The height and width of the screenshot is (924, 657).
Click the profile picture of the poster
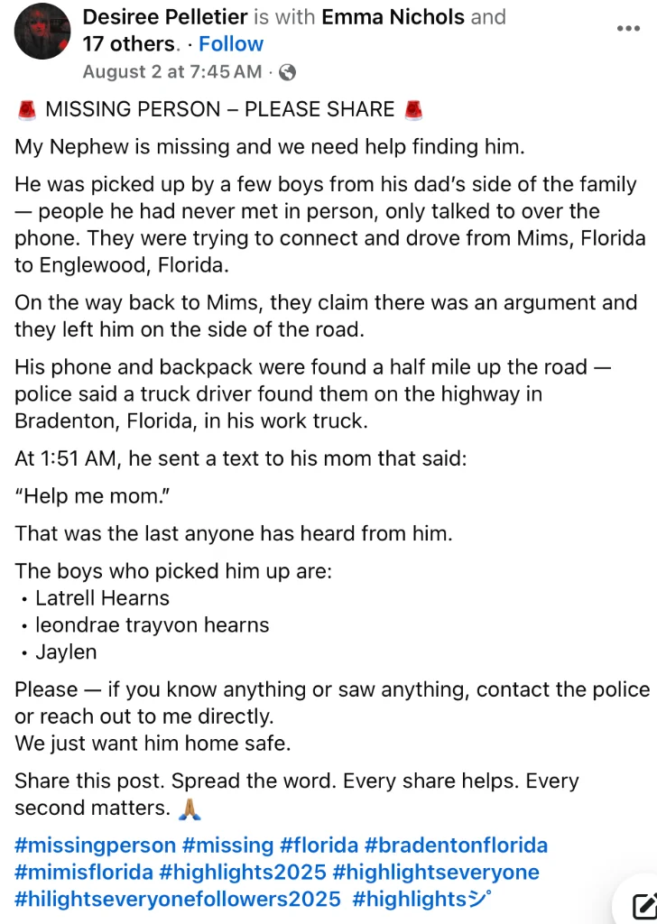pyautogui.click(x=42, y=32)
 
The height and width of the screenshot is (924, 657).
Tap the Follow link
pyautogui.click(x=231, y=44)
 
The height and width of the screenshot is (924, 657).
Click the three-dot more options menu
pyautogui.click(x=627, y=29)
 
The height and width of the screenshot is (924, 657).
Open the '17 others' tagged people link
pyautogui.click(x=128, y=44)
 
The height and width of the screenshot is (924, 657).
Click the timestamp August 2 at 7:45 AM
pyautogui.click(x=172, y=72)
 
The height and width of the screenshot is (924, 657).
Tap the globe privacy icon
pyautogui.click(x=287, y=73)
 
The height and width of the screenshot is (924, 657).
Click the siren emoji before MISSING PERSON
pyautogui.click(x=26, y=110)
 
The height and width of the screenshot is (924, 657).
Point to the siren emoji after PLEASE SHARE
pyautogui.click(x=413, y=110)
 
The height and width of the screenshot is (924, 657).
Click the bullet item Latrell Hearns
pyautogui.click(x=102, y=598)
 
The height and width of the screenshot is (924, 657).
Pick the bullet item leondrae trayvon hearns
pyautogui.click(x=152, y=625)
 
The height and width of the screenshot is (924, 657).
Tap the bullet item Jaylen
pyautogui.click(x=66, y=652)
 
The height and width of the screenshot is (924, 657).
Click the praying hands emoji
pyautogui.click(x=189, y=808)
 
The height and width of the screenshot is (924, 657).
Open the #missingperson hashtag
pyautogui.click(x=95, y=845)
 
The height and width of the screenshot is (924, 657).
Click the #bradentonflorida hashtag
pyautogui.click(x=456, y=845)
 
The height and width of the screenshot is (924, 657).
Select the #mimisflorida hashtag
pyautogui.click(x=83, y=873)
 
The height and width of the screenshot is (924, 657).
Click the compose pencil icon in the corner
pyautogui.click(x=643, y=905)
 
